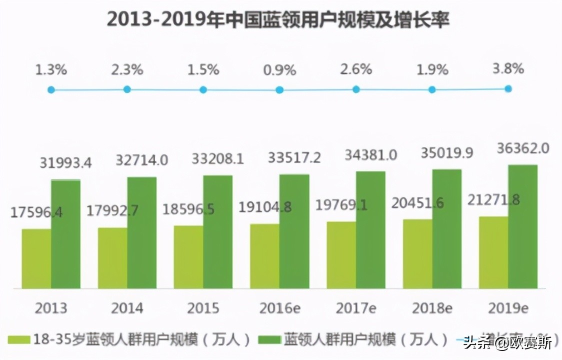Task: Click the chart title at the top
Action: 278,20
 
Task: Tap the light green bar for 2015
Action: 188,257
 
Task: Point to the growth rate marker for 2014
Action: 127,89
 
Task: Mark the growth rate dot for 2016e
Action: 279,90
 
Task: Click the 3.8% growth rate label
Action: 508,68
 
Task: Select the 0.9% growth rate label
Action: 279,70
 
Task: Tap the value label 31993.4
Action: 65,162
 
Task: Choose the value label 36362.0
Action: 523,148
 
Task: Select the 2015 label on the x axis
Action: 203,308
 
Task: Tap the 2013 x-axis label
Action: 51,308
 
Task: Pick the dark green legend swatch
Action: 268,340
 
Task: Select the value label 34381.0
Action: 370,155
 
